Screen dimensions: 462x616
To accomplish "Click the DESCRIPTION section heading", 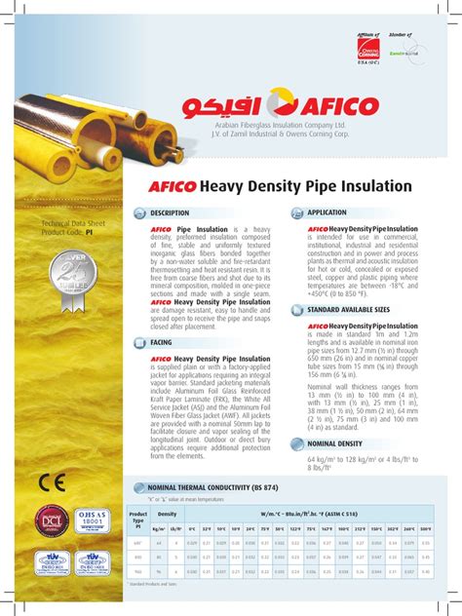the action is click(170, 212).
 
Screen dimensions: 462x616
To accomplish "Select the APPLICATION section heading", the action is click(327, 212).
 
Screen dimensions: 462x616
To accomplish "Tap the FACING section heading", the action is click(161, 343).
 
